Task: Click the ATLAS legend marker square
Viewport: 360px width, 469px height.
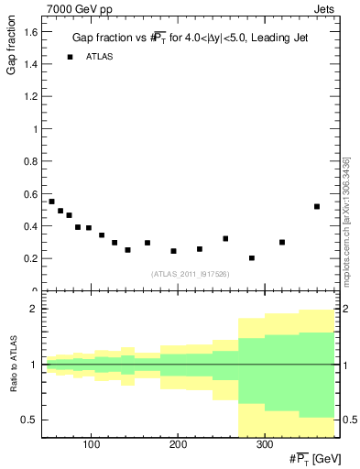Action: (x=70, y=57)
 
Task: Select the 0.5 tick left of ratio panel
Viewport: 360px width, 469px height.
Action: (x=29, y=420)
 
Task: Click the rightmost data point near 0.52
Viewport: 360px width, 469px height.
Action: (x=317, y=206)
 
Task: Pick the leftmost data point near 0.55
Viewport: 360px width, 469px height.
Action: (x=51, y=202)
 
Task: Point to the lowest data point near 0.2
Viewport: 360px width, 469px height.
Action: (x=252, y=258)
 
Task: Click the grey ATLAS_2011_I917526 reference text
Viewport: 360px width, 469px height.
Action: (x=189, y=273)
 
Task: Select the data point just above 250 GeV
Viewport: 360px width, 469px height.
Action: (x=225, y=238)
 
